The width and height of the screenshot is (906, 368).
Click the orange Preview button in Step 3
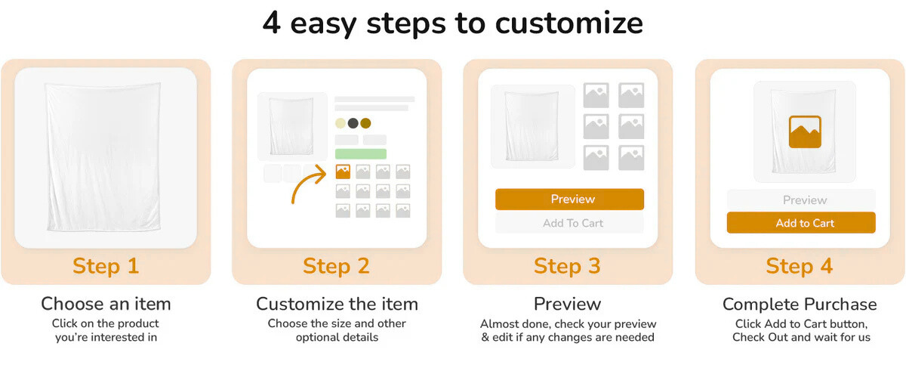[569, 199]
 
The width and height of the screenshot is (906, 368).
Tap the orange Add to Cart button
[801, 223]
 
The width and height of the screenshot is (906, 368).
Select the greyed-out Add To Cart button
[569, 223]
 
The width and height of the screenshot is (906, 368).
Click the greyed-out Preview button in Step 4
[801, 200]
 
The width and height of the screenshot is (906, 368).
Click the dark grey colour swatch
[353, 123]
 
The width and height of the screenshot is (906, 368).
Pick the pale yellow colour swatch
[341, 123]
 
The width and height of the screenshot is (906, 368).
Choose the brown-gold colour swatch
[365, 123]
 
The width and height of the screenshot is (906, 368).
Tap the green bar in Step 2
[361, 154]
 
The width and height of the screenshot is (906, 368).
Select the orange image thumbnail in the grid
[343, 172]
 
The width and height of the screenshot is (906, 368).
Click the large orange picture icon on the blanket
[805, 131]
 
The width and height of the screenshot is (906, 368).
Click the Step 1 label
[106, 266]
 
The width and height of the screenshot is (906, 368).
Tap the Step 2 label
[336, 266]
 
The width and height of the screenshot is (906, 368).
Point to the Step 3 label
[567, 266]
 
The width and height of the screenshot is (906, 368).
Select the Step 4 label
[800, 266]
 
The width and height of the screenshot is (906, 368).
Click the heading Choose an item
[106, 304]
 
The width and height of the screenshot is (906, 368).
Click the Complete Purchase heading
[800, 305]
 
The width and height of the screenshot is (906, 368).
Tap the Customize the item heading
[337, 304]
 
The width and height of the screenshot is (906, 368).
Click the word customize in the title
[569, 23]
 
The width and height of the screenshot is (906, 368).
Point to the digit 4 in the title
[271, 22]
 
